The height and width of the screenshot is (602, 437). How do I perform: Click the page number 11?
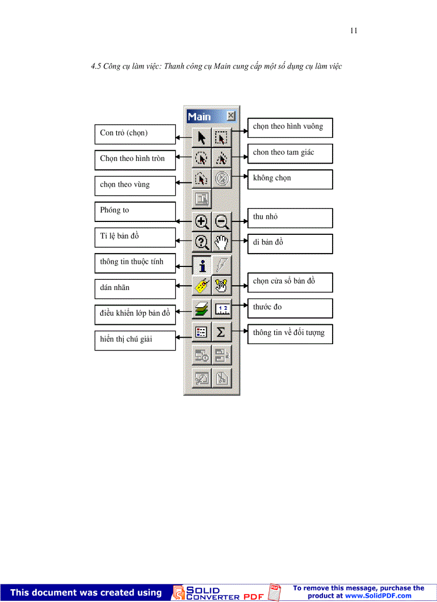click(353, 31)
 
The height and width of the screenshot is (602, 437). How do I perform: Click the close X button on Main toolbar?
click(230, 116)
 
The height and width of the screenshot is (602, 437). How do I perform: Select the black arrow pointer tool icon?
click(201, 138)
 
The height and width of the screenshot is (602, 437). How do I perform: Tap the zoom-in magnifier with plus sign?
click(201, 221)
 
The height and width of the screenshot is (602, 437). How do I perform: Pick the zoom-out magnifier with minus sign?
click(221, 221)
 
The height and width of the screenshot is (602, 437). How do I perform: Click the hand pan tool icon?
click(221, 242)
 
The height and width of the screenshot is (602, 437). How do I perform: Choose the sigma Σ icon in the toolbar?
click(221, 333)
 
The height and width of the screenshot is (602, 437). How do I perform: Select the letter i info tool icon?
click(201, 265)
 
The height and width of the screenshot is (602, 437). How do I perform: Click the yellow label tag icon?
click(201, 287)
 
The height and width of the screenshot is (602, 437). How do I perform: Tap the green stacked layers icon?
click(201, 310)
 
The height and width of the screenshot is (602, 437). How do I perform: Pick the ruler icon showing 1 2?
click(221, 309)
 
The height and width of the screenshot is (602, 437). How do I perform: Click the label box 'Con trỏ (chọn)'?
click(135, 133)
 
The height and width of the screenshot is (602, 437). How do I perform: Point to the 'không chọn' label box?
click(290, 179)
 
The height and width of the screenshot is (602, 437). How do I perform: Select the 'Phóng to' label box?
click(135, 211)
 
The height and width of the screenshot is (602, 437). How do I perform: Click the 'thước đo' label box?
click(290, 308)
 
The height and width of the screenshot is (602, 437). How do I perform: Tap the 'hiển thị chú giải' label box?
click(135, 340)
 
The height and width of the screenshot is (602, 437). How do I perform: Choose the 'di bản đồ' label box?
click(290, 243)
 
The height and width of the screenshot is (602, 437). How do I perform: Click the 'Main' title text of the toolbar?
click(199, 116)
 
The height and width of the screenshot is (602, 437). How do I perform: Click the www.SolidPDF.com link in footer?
click(378, 596)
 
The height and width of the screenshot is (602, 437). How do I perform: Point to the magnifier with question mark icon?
click(201, 243)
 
